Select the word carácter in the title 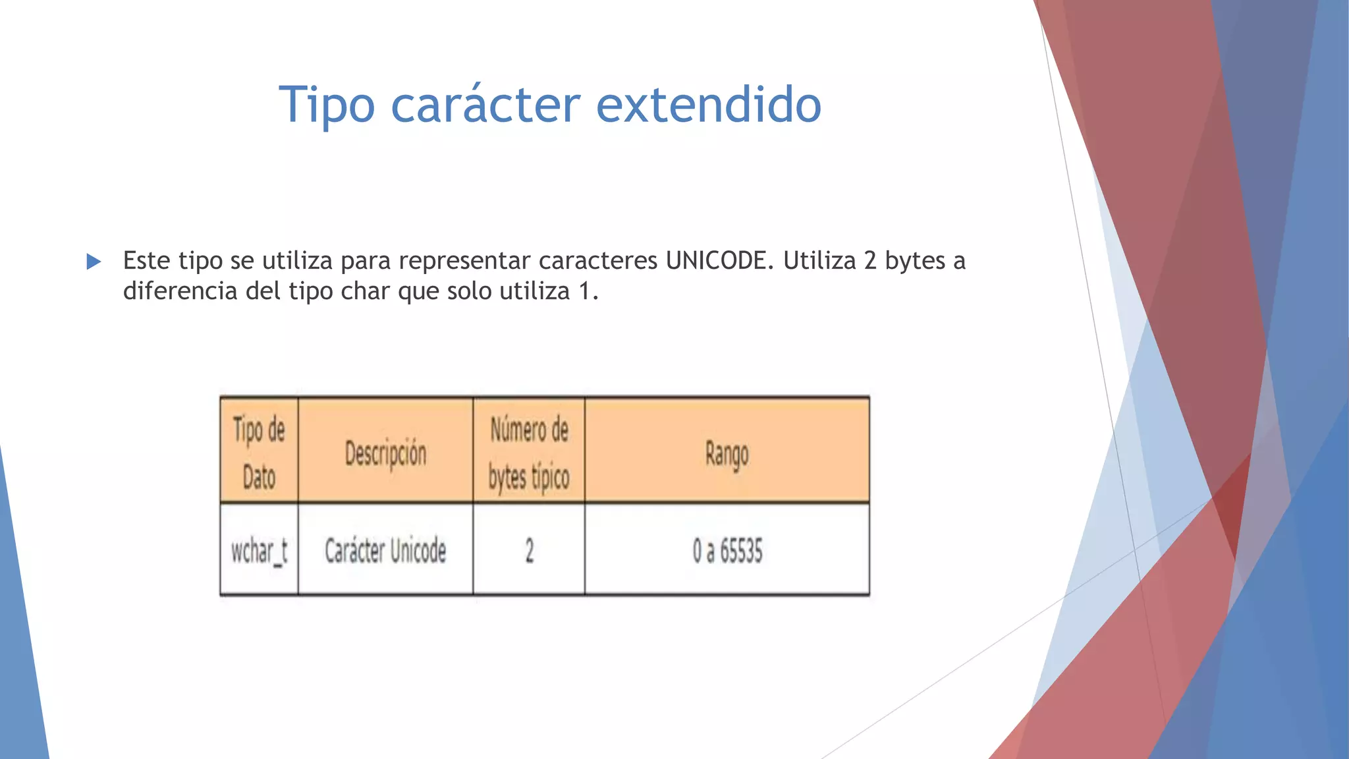coord(485,105)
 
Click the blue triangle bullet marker coord(94,262)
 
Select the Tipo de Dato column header coord(259,453)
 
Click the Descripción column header coord(386,454)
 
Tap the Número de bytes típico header coord(529,453)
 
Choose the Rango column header coord(727,454)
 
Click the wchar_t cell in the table coord(259,551)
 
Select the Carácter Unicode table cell coord(385,551)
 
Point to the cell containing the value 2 coord(529,551)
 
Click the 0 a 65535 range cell coord(727,551)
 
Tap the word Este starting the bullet coord(147,261)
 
